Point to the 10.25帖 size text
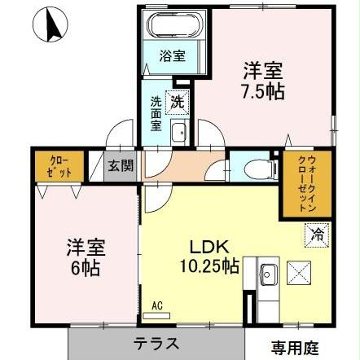(209, 266)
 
